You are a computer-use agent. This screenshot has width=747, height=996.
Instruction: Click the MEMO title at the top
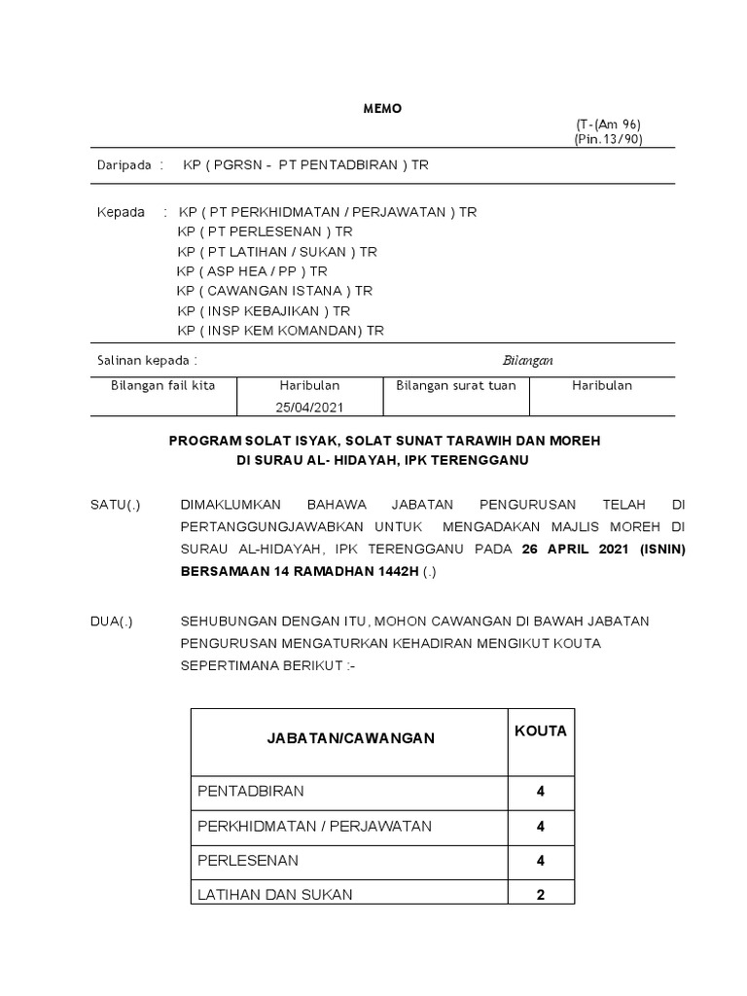tap(382, 109)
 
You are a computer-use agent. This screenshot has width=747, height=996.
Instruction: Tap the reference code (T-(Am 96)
tap(608, 124)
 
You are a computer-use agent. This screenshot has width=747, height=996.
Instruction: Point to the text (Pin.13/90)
tap(608, 139)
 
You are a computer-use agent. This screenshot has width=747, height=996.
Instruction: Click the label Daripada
tap(124, 165)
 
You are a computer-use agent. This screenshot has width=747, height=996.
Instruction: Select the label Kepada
tap(122, 212)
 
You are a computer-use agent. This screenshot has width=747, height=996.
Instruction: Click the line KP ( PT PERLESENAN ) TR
tap(265, 231)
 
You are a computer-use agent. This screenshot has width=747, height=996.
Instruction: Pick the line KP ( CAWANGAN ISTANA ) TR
tap(274, 291)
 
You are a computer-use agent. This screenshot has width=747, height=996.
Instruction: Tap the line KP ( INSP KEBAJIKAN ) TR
tap(264, 311)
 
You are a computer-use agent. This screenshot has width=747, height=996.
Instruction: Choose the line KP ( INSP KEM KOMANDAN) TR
tap(280, 331)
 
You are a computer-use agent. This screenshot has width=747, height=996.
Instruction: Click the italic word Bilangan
tap(527, 360)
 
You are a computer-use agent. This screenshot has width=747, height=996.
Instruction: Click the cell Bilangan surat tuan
tap(456, 385)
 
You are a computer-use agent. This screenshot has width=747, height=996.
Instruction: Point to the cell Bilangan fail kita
tap(163, 385)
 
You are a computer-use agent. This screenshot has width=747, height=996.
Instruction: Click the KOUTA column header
tap(540, 730)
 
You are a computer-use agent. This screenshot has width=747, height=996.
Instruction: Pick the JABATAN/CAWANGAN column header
tap(351, 738)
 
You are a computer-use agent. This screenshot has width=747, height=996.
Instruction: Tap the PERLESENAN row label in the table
tap(248, 861)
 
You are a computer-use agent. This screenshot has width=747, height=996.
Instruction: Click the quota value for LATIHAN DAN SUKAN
tap(541, 895)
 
